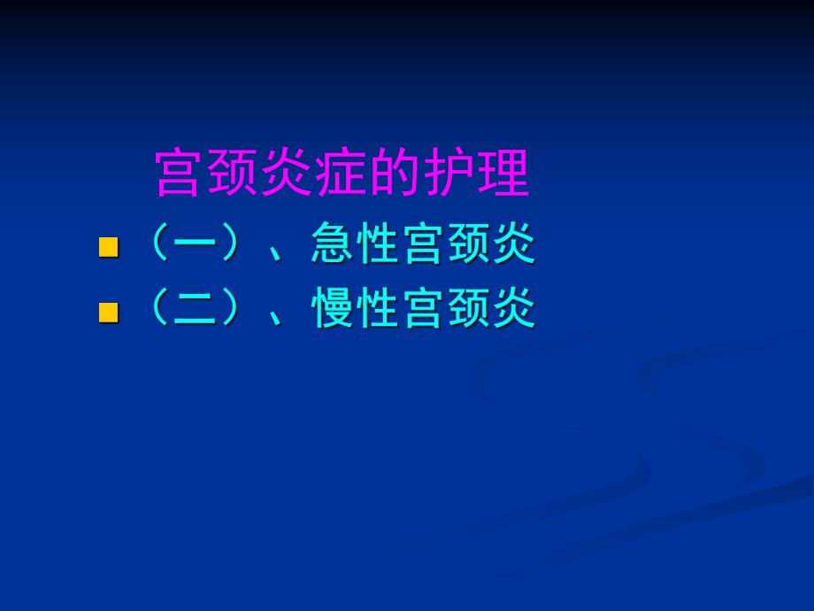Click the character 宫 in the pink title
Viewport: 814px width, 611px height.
click(x=181, y=174)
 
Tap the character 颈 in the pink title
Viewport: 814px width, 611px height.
click(x=235, y=174)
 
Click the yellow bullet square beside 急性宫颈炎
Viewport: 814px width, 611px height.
click(x=108, y=247)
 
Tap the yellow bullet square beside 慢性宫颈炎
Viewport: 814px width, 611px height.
click(x=108, y=311)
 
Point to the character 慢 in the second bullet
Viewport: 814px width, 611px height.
click(x=334, y=310)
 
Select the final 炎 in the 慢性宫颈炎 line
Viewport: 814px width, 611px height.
click(x=514, y=310)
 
